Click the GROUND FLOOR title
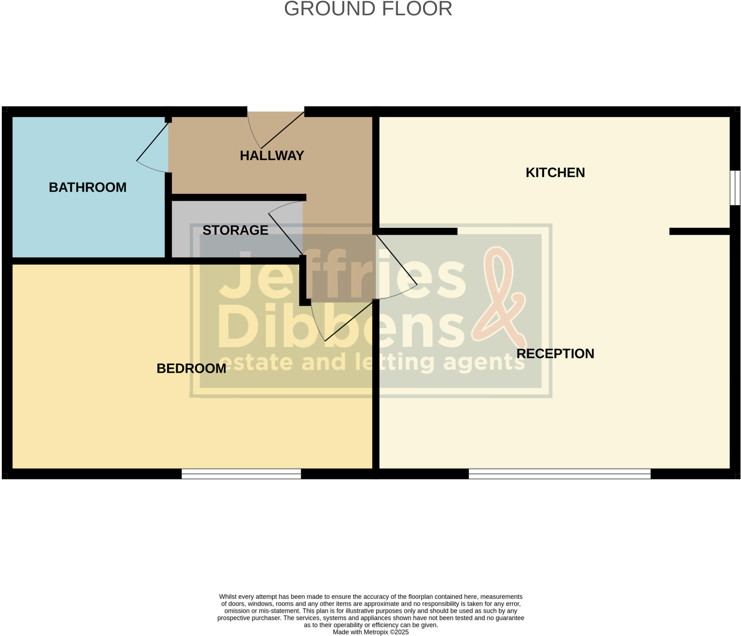(368, 9)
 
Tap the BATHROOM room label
(88, 187)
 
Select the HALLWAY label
(272, 156)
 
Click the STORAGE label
(235, 230)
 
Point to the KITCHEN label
(555, 173)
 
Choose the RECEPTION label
(555, 354)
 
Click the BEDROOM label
(191, 368)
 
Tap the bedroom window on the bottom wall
(241, 474)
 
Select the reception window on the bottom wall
(559, 474)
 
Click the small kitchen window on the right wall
(735, 188)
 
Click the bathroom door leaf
(152, 142)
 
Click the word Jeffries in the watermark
(342, 275)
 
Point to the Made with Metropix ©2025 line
(370, 632)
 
